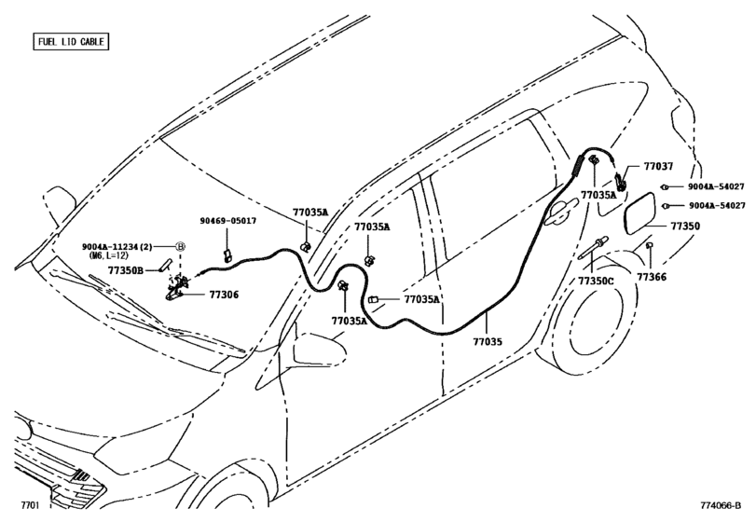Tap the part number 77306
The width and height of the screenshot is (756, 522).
coord(224,294)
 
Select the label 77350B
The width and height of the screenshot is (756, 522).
coord(126,270)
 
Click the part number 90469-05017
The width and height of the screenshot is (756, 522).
coord(227,221)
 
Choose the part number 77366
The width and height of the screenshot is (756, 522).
coord(653,278)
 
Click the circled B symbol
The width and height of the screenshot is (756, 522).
coord(183,244)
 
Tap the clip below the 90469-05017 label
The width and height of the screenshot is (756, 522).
coord(227,254)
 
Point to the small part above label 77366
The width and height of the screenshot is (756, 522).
coord(649,246)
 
